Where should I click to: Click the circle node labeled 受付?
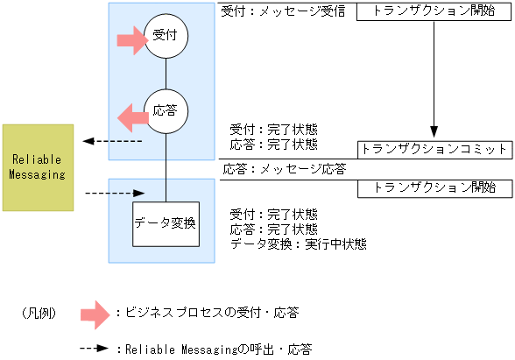(x=166, y=37)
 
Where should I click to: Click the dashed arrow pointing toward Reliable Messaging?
(x=112, y=141)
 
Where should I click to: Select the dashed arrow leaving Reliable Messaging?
(x=113, y=193)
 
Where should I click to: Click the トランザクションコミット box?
(x=434, y=149)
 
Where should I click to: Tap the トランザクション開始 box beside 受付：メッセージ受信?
(x=434, y=12)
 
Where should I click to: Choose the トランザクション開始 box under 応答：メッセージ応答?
(x=434, y=187)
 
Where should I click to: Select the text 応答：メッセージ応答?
(x=284, y=168)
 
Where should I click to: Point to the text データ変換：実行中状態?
(x=298, y=244)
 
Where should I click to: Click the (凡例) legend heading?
(x=39, y=313)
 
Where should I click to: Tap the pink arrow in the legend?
(x=95, y=313)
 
